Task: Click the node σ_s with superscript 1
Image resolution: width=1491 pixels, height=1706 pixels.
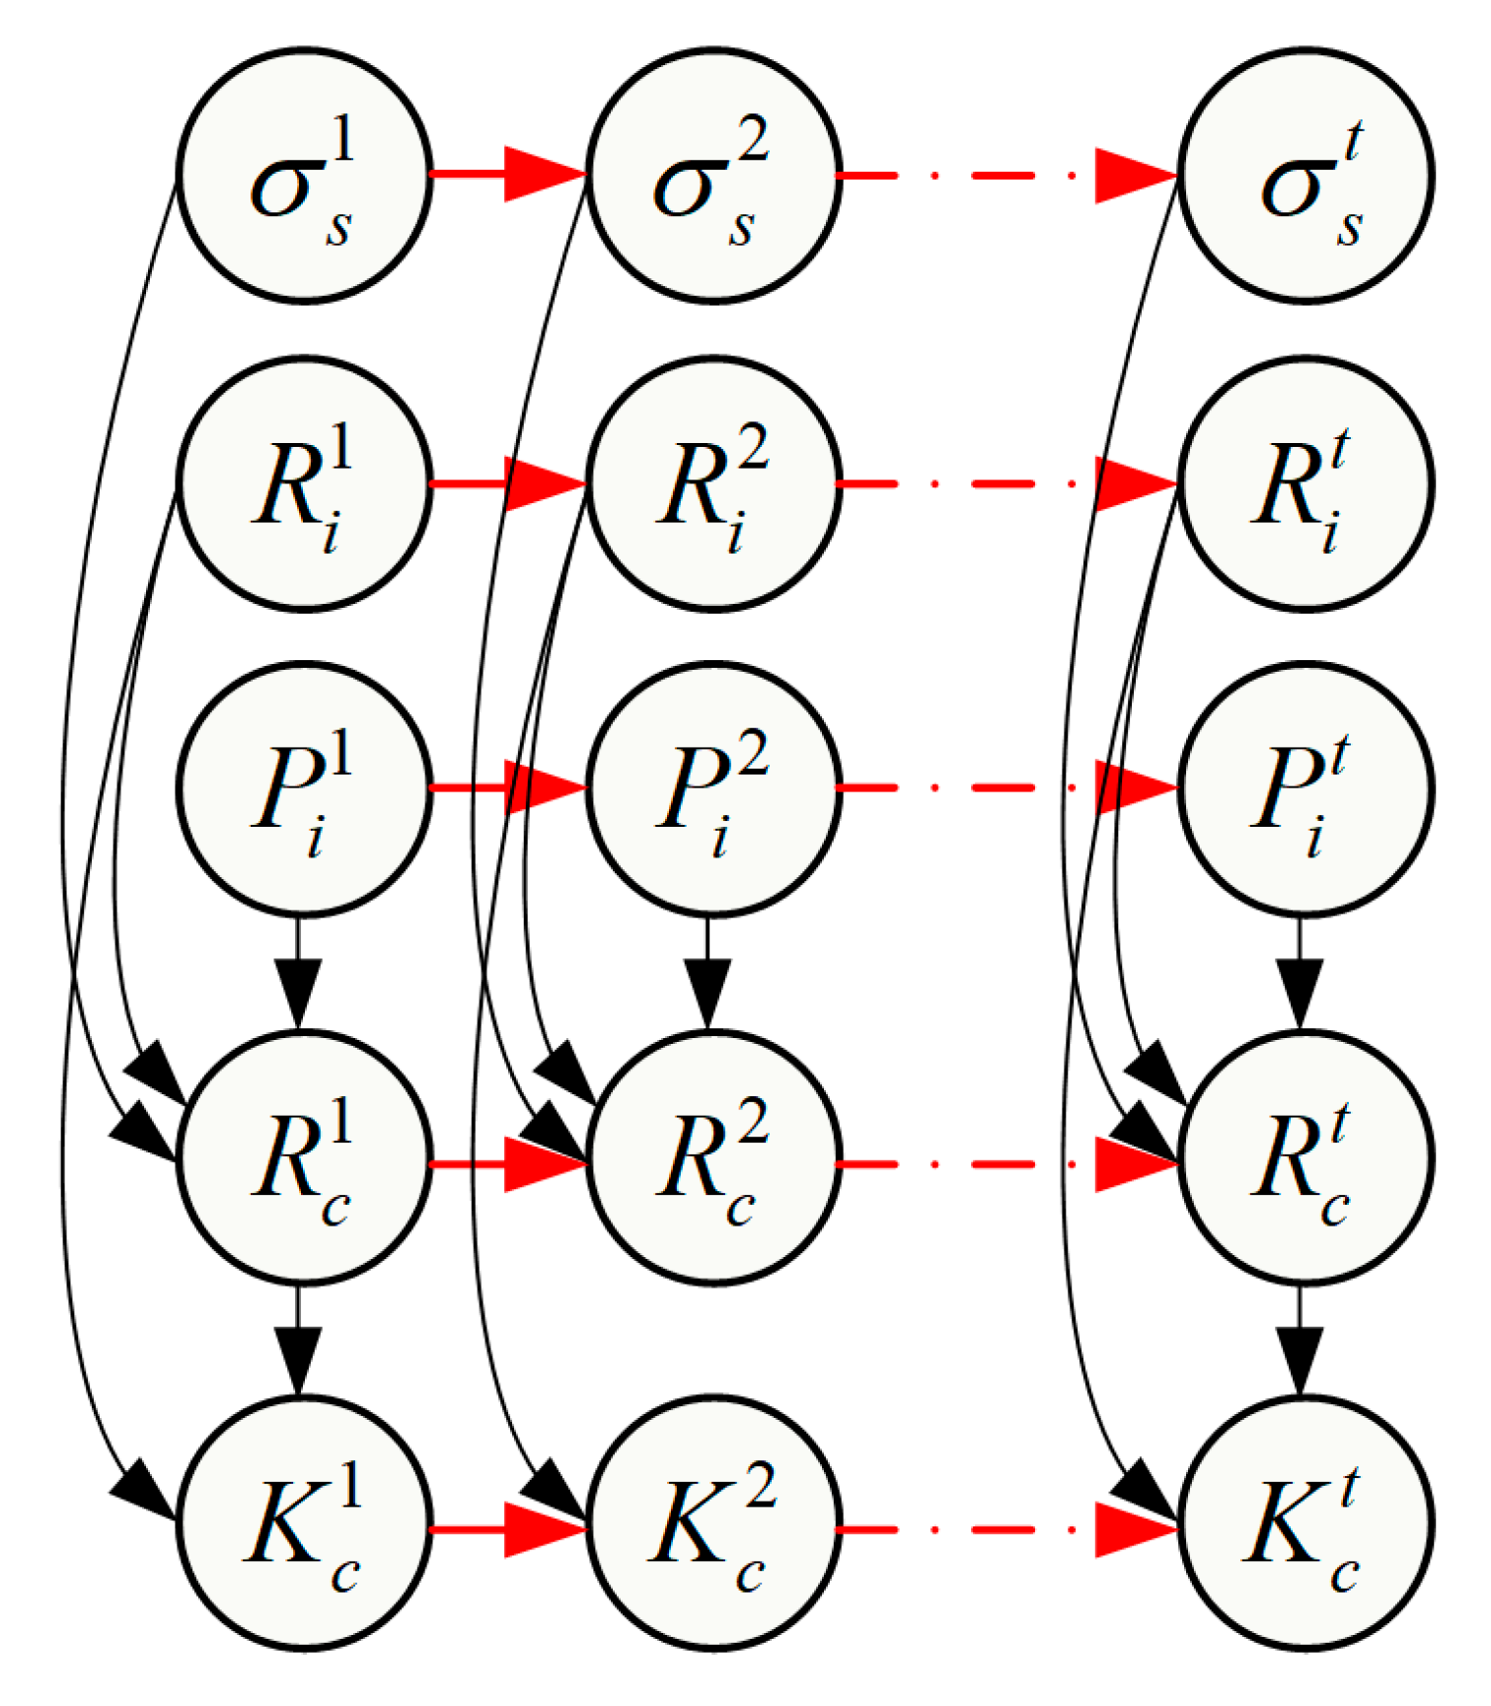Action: pos(304,176)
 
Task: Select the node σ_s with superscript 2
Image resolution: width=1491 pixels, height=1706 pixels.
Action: pos(713,176)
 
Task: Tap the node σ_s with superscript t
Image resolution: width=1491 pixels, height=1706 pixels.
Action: pos(1305,176)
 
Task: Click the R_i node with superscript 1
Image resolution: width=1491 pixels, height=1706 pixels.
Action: pos(304,484)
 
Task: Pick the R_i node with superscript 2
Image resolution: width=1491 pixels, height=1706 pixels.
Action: pos(713,484)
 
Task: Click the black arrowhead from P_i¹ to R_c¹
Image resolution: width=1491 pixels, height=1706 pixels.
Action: pos(298,992)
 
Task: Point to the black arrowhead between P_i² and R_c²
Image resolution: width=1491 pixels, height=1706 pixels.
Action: pos(708,992)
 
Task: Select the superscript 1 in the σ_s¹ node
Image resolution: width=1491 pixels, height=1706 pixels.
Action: pos(342,138)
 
